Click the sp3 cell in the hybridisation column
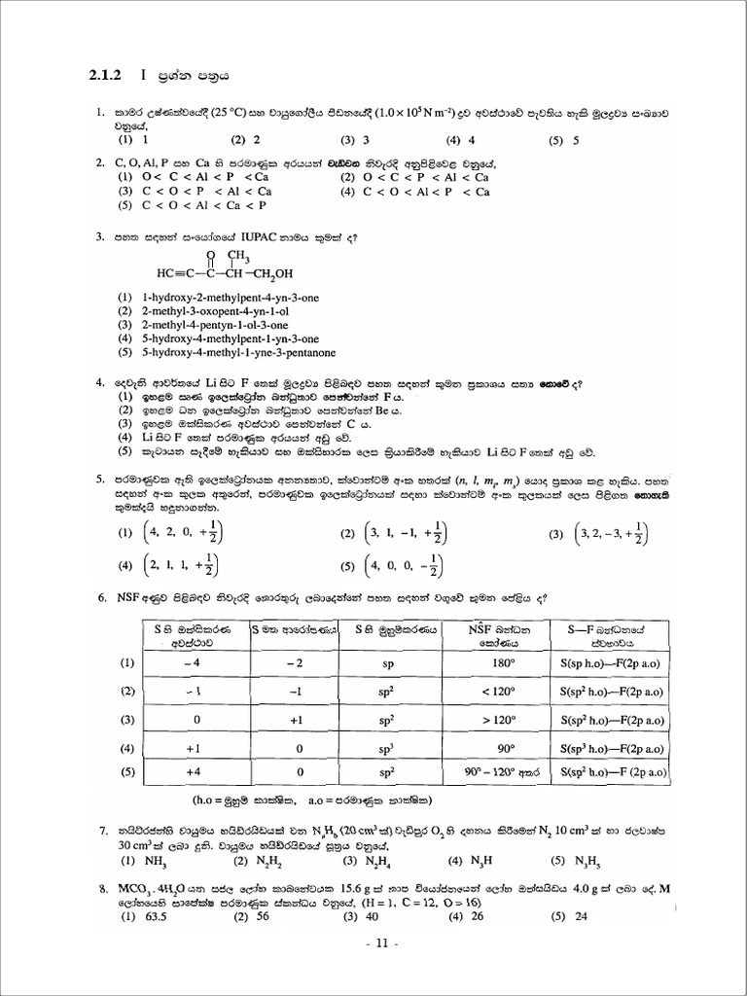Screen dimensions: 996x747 point(386,750)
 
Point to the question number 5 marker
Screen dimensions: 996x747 point(100,479)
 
